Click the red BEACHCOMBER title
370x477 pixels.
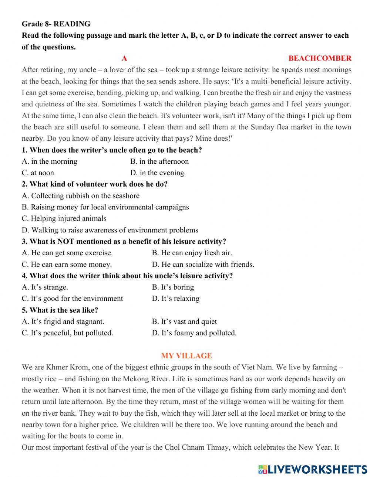coord(320,58)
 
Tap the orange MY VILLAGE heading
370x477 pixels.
coord(186,356)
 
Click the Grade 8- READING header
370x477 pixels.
coord(56,24)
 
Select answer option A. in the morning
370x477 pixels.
coord(50,161)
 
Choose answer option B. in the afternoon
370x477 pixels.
coord(159,161)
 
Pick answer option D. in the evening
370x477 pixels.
coord(157,173)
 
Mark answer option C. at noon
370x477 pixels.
coord(38,173)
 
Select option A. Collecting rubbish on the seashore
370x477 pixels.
coord(81,196)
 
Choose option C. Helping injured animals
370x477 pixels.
coord(64,219)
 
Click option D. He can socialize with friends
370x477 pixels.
coord(203,265)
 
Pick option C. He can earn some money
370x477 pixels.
coord(67,265)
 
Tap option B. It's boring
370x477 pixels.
coord(173,287)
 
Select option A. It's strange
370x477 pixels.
coord(45,287)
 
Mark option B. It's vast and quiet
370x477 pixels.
coord(184,322)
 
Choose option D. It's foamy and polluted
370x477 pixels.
coord(194,333)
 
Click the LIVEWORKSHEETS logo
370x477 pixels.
coord(313,469)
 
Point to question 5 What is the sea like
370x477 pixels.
coord(60,310)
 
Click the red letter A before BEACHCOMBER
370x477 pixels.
coord(124,58)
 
